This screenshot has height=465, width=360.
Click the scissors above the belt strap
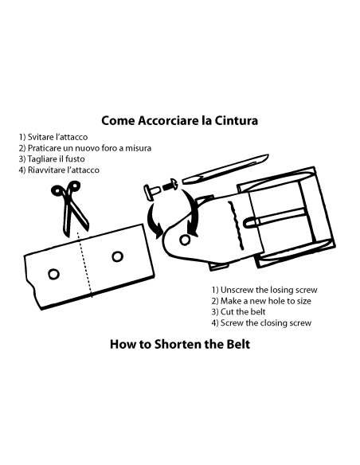point(69,208)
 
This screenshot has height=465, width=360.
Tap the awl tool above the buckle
point(225,170)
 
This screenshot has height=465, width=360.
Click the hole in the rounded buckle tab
point(185,240)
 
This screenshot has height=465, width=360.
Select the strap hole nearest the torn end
point(53,275)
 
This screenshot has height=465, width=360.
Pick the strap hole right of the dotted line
point(118,256)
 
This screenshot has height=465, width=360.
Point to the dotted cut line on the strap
point(84,264)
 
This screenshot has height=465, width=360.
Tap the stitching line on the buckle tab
point(237,226)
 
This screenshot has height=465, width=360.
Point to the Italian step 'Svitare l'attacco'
point(53,137)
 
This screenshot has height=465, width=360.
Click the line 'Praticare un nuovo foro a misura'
point(85,148)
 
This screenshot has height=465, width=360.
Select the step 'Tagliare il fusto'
point(52,159)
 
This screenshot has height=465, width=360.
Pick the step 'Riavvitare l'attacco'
point(59,170)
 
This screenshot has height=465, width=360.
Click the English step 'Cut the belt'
point(238,311)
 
